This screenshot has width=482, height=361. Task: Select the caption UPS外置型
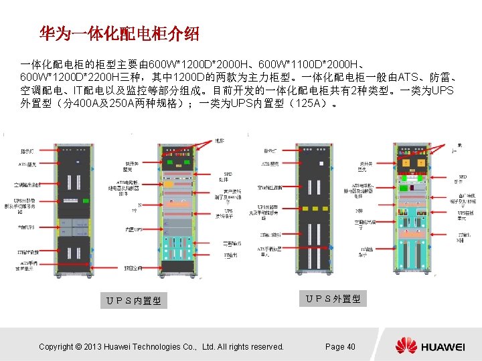333,299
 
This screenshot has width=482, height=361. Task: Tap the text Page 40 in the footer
340,346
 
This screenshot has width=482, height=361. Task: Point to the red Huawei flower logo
406,346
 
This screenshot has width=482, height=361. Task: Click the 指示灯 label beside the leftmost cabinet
29,151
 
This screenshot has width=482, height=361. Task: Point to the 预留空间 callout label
133,268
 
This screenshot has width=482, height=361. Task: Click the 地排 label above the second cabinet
219,140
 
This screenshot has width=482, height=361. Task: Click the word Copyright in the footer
56,346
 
